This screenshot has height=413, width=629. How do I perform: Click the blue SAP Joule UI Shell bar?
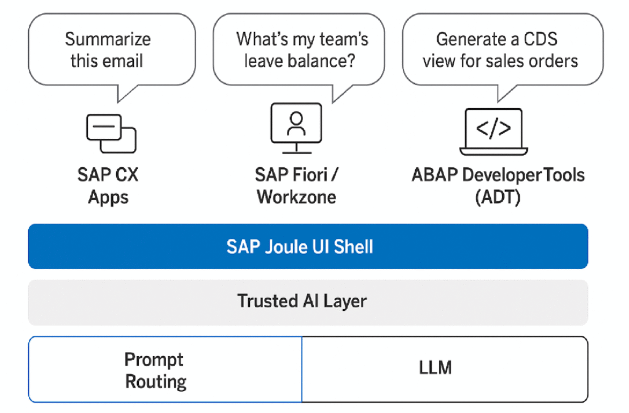click(308, 246)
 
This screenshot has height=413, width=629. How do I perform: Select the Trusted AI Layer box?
click(308, 302)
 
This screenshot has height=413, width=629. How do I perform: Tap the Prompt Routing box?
click(165, 369)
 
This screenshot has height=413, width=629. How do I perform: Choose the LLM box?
click(445, 369)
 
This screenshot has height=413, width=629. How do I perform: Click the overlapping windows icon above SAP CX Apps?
click(111, 133)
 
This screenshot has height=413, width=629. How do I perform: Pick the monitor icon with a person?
click(296, 128)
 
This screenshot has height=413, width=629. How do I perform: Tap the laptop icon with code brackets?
click(493, 132)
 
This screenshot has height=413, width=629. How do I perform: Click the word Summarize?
click(108, 39)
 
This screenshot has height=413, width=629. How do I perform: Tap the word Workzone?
click(297, 197)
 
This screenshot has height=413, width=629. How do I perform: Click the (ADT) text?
click(498, 197)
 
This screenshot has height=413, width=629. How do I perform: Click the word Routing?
click(156, 382)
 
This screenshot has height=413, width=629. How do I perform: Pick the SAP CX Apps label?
click(108, 186)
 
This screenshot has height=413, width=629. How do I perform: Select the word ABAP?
click(435, 175)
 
